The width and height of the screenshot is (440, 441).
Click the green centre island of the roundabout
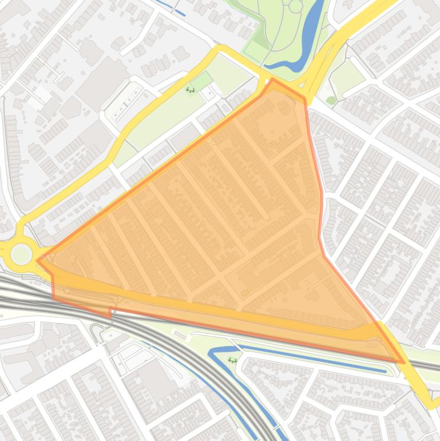21,254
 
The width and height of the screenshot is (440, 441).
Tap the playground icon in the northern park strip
191,89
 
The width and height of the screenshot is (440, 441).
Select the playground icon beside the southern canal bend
232,360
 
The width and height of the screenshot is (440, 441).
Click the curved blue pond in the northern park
309,40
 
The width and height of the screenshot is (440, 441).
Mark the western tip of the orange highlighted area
38,261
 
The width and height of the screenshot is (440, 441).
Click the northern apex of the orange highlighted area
273,80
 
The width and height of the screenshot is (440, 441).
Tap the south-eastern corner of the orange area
404,362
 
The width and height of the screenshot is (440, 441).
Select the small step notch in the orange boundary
110,312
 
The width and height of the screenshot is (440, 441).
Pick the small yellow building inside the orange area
245,293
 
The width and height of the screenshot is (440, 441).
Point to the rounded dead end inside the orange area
267,218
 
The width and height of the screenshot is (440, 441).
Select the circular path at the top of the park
295,6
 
